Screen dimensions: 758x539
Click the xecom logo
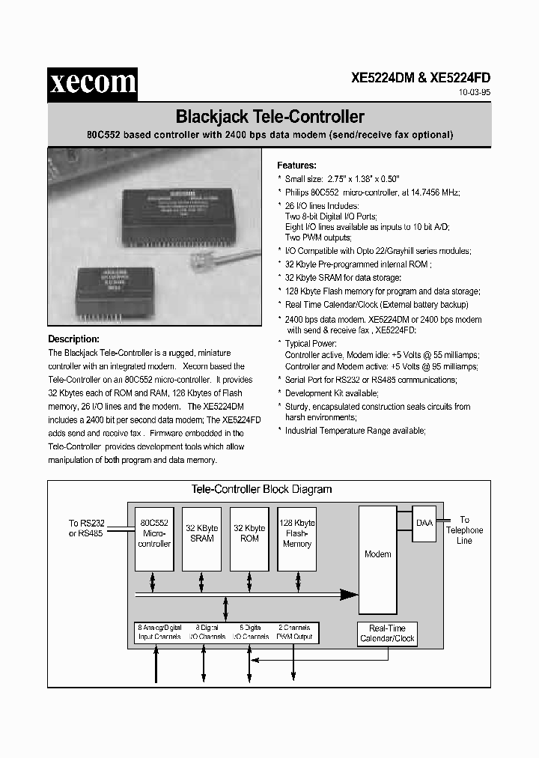(92, 82)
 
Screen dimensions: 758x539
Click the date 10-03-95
(474, 94)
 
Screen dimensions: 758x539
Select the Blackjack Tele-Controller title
(269, 117)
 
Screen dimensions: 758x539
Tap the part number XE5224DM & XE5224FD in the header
(421, 77)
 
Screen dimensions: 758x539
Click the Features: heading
(296, 166)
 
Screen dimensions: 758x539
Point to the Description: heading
(73, 339)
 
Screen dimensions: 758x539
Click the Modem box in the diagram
(377, 554)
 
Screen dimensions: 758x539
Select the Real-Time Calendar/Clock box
(387, 634)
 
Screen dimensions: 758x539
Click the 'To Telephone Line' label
(464, 530)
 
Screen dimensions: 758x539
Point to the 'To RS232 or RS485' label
(86, 528)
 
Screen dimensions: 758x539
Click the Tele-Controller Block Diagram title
(261, 489)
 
